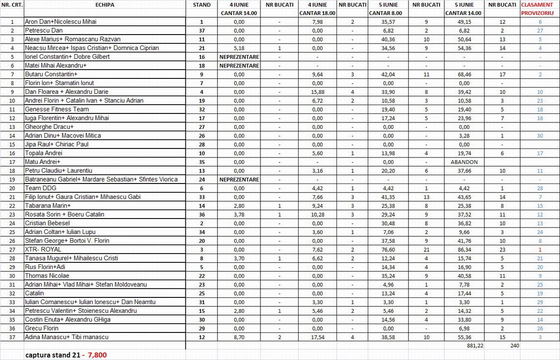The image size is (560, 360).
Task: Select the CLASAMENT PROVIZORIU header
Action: pos(539,9)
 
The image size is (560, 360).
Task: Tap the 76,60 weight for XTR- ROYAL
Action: pos(389,249)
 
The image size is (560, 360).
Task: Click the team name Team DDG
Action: pos(39,188)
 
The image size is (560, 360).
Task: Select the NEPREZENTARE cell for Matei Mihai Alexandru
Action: pos(239,65)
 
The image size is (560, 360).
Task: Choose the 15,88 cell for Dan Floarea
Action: pos(317,92)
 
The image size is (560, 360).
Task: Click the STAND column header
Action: pos(201,5)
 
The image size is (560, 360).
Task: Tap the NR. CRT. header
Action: pos(12,5)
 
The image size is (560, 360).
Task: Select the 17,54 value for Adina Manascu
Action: pos(317,337)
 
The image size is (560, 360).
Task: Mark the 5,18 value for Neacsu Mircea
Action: pos(239,48)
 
